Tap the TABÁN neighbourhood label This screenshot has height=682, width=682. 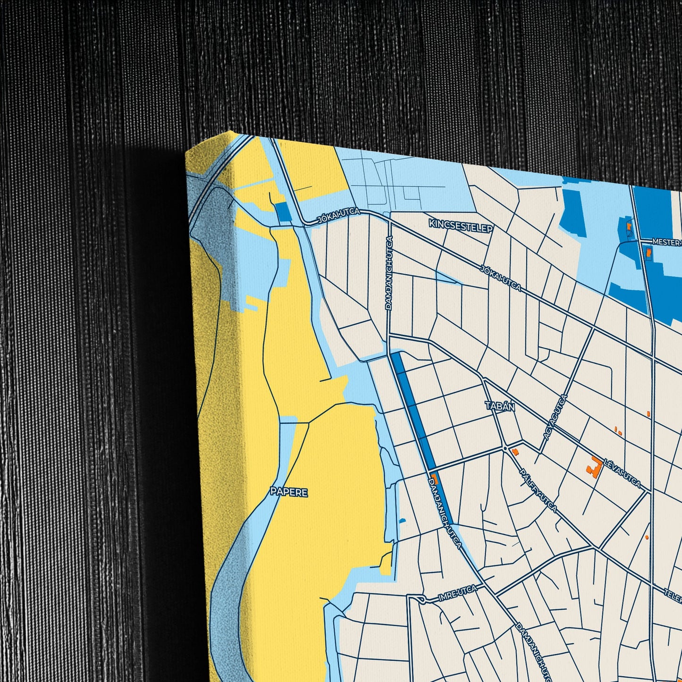(x=500, y=406)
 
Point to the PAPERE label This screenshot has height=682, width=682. (x=289, y=492)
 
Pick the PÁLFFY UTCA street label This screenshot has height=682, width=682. (x=538, y=491)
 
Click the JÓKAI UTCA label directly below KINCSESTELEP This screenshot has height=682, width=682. (x=500, y=278)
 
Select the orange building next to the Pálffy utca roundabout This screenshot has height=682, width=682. (x=515, y=452)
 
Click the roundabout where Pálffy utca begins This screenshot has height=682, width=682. (x=505, y=447)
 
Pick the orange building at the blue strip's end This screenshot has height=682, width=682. (x=435, y=478)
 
